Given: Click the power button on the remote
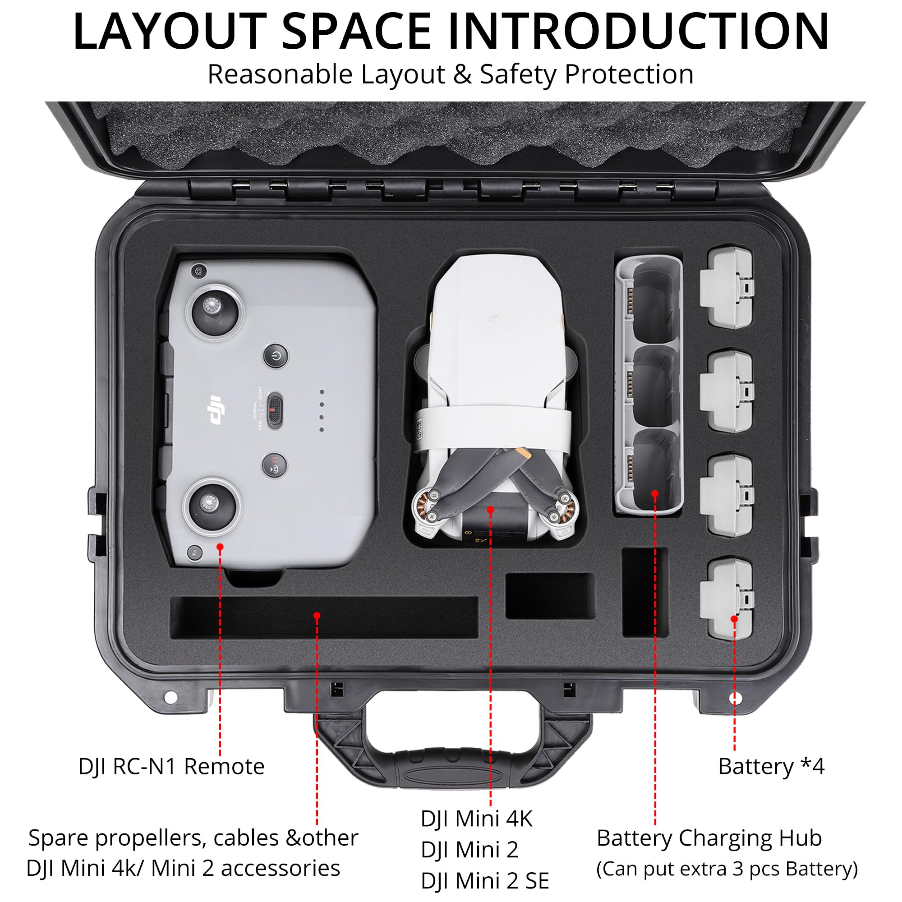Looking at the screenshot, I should [x=276, y=357].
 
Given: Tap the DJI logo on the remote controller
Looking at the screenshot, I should [x=216, y=410].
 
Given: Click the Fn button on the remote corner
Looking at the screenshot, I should [x=195, y=553].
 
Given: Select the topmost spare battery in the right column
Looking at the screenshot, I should [x=726, y=286].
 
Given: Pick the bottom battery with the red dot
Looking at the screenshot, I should [x=727, y=598].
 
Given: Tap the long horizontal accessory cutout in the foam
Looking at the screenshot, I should [x=324, y=618].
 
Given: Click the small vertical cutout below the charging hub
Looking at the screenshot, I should [x=645, y=592].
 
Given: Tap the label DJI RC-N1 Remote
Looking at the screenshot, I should [x=171, y=767].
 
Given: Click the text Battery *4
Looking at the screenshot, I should [x=771, y=767].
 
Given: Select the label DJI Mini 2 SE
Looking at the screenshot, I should [x=485, y=881].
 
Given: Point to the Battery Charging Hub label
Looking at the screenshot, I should [x=709, y=838].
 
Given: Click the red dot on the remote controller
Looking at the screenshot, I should [x=220, y=546].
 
